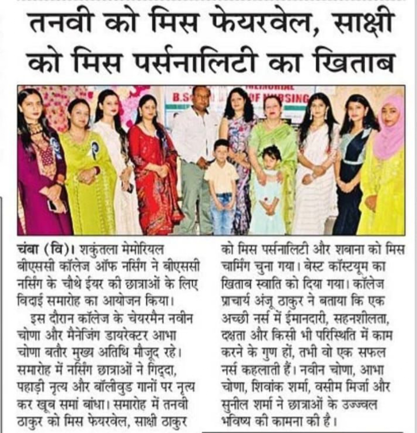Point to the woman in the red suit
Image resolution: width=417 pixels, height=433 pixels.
coord(154,165)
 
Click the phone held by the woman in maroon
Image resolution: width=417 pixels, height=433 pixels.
coord(51,205)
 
